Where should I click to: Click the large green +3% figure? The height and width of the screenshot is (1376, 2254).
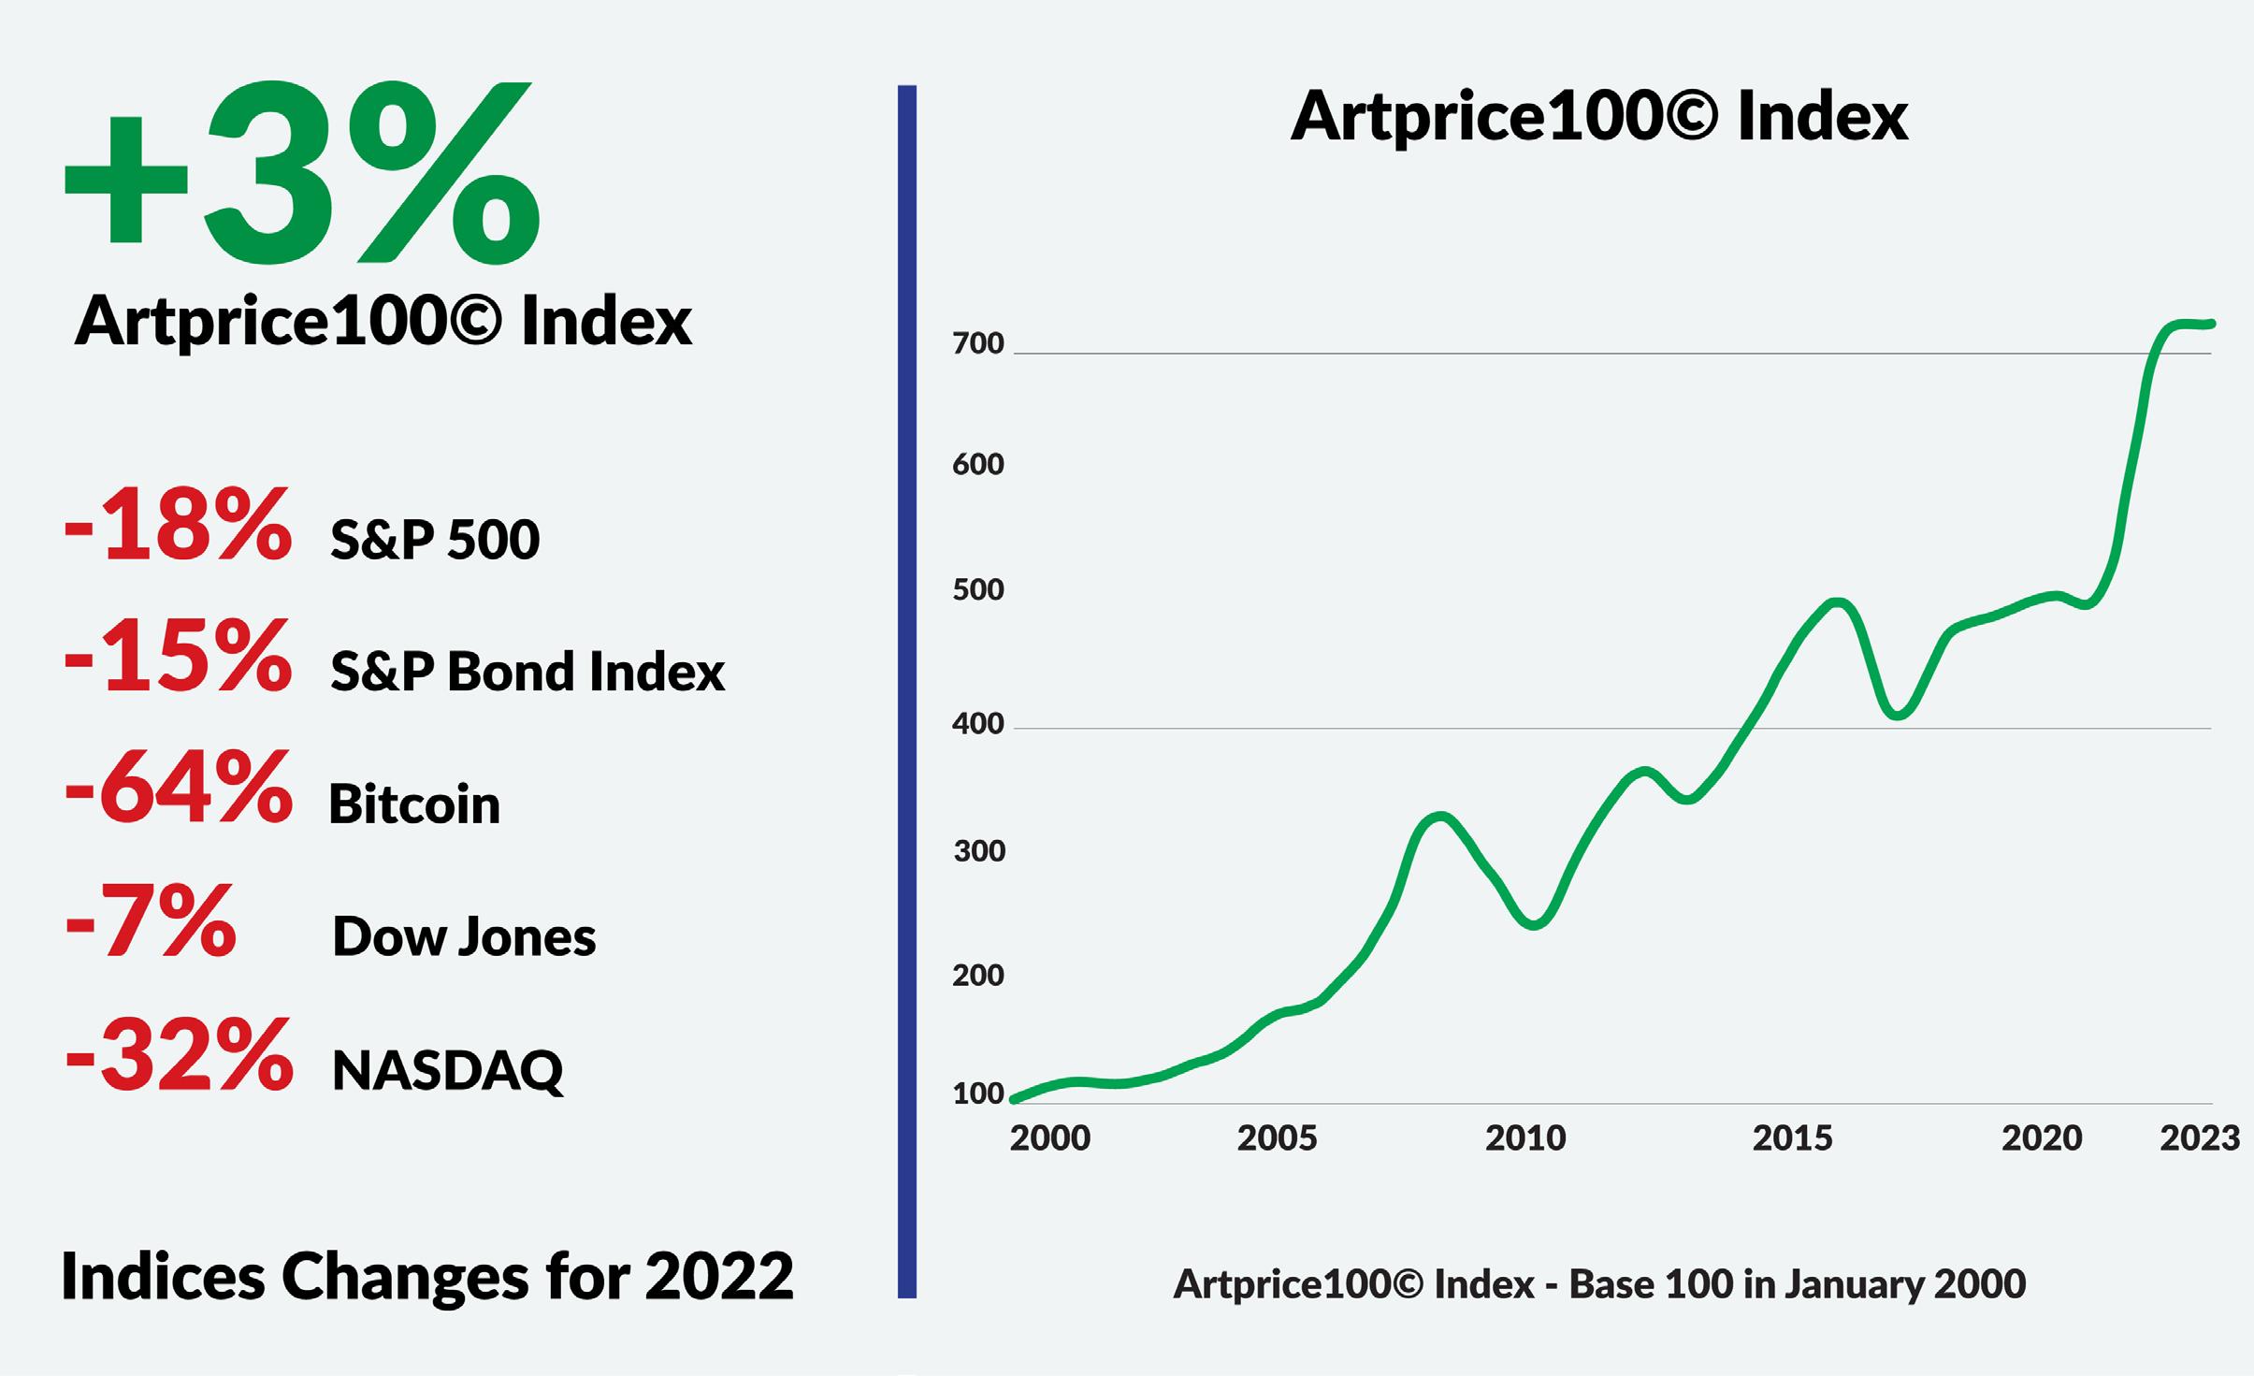[302, 173]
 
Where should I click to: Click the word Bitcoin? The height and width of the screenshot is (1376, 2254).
[414, 804]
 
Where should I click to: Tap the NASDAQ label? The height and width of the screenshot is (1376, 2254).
[448, 1070]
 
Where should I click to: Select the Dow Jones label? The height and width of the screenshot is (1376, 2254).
[464, 936]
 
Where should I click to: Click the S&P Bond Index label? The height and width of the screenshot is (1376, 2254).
[527, 672]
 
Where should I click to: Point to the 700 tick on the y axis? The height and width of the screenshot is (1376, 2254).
[977, 344]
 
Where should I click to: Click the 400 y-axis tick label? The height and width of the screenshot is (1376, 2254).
[977, 723]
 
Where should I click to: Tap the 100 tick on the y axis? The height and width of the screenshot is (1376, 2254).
[977, 1094]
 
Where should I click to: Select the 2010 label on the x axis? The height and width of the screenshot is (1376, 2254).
[1525, 1138]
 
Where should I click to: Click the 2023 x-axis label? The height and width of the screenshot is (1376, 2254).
[2199, 1138]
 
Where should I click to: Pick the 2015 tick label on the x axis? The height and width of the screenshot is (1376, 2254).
[1792, 1138]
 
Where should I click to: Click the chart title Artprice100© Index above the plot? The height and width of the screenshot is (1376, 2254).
[1599, 117]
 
